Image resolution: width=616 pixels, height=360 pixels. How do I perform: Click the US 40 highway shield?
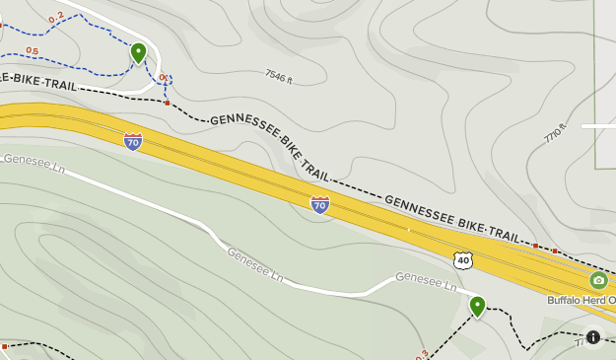tap(462, 259)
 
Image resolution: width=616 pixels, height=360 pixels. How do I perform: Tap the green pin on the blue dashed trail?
tap(138, 51)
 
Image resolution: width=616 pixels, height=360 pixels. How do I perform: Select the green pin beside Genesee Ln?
tap(477, 305)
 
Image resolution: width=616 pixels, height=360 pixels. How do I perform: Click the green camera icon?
tap(598, 280)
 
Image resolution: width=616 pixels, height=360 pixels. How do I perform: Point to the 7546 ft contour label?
tap(279, 77)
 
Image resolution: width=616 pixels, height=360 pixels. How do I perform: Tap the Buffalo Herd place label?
tap(582, 300)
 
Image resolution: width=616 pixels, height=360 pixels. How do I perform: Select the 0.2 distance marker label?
tap(55, 16)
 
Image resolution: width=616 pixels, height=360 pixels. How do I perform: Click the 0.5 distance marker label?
tap(32, 51)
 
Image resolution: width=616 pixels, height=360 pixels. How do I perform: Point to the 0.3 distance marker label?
tap(423, 354)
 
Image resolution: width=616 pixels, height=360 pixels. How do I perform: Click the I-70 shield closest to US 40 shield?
tap(319, 204)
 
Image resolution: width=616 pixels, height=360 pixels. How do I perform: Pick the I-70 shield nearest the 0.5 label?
tap(133, 141)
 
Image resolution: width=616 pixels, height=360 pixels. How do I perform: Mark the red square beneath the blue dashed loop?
tap(168, 103)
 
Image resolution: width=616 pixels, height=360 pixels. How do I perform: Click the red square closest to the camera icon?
tap(555, 251)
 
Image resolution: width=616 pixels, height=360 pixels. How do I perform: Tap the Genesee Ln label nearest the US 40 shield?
tap(426, 282)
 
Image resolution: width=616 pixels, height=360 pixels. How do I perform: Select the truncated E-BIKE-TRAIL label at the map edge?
tap(38, 79)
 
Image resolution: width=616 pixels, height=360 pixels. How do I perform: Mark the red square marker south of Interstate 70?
tap(4, 346)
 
